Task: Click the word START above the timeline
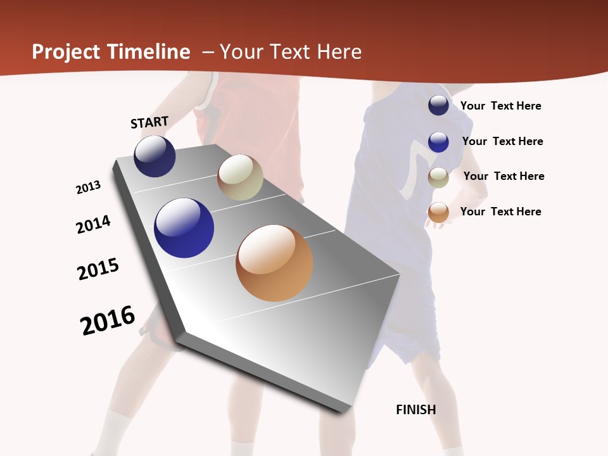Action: click(x=149, y=122)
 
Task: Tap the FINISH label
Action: click(x=416, y=410)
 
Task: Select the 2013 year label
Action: click(x=89, y=187)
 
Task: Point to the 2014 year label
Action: click(x=94, y=224)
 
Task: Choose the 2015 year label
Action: click(x=98, y=269)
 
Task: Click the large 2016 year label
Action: click(x=108, y=320)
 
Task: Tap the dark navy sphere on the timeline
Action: click(x=155, y=156)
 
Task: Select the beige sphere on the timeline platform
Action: click(x=240, y=178)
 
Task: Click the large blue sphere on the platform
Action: click(x=184, y=228)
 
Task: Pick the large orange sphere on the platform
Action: click(x=274, y=263)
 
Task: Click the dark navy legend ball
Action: click(x=438, y=105)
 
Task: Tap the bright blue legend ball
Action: click(x=438, y=142)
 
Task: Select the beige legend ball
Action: click(x=438, y=177)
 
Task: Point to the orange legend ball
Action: click(x=438, y=212)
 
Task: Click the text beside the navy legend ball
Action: click(x=500, y=106)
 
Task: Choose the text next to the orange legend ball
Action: click(x=500, y=212)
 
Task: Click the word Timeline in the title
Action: click(x=148, y=52)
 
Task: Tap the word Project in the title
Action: click(x=66, y=52)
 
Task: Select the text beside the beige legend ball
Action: click(x=503, y=176)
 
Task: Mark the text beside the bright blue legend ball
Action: click(x=502, y=141)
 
